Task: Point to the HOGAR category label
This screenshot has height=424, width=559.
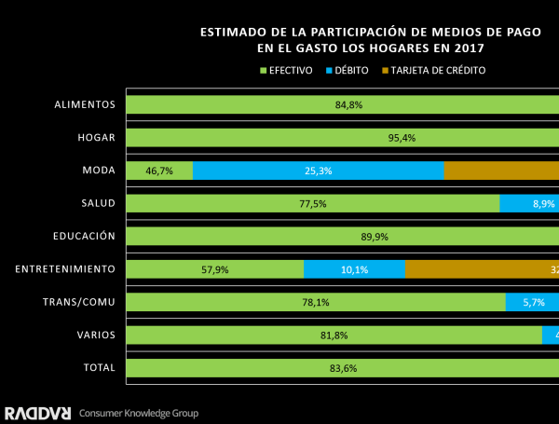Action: point(96,138)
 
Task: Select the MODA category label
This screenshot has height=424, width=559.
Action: point(99,171)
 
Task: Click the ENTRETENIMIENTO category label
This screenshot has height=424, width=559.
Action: point(65,269)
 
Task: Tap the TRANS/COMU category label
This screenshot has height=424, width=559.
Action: point(79,302)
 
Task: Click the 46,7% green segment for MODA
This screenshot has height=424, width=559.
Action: point(159,171)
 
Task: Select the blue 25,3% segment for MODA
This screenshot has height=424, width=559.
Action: point(319,171)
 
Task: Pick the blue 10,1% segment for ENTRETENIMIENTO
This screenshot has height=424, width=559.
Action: point(355,269)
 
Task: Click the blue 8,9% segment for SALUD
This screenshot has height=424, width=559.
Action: point(529,203)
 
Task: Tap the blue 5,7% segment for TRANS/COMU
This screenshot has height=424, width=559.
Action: point(532,302)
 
